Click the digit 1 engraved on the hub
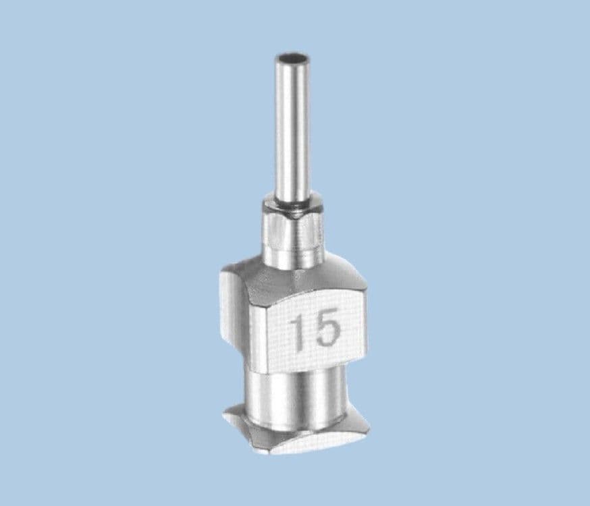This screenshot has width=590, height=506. point(298,331)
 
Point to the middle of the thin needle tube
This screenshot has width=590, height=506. point(292,128)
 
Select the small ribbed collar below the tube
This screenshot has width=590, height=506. point(294,229)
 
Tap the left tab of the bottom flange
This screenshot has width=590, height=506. point(238,422)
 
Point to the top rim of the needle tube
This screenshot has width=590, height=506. point(292,53)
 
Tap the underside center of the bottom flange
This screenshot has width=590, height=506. point(297,445)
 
